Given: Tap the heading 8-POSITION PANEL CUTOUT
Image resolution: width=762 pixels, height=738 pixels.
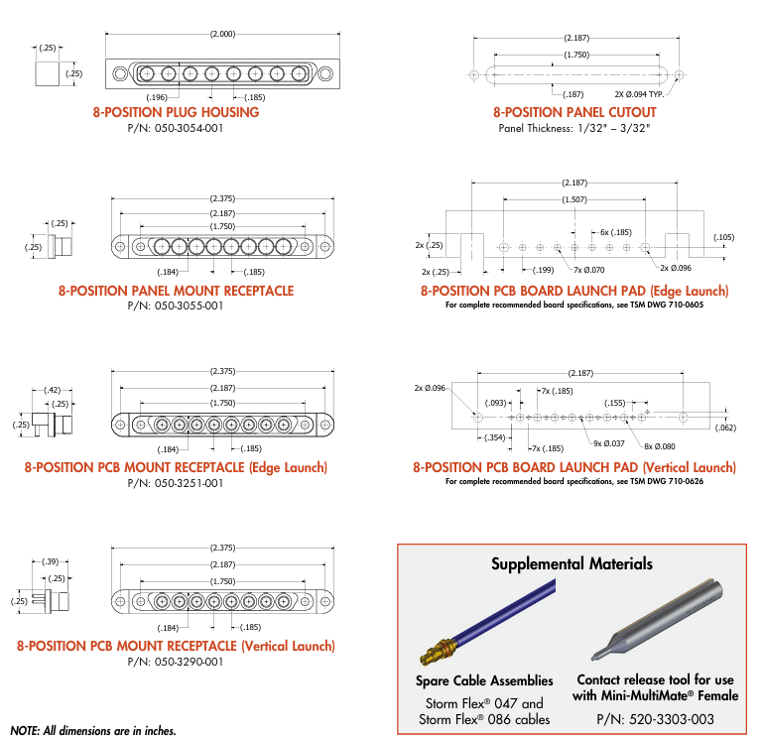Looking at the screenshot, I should point(574,112).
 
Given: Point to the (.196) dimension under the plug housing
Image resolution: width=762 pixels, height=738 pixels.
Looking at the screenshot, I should point(157,96).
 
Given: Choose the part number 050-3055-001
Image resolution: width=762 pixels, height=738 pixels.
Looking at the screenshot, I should point(176,306).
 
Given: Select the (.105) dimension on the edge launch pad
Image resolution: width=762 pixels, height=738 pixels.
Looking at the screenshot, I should point(724,237).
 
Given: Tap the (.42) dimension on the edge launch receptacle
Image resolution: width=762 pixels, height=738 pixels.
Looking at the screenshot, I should point(53,389).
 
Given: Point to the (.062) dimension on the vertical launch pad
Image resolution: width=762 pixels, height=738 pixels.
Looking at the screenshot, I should point(726,428).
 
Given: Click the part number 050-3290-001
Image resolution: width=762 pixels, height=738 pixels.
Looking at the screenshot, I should point(176,661).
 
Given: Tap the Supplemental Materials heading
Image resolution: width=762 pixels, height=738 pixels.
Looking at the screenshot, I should point(572,563).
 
